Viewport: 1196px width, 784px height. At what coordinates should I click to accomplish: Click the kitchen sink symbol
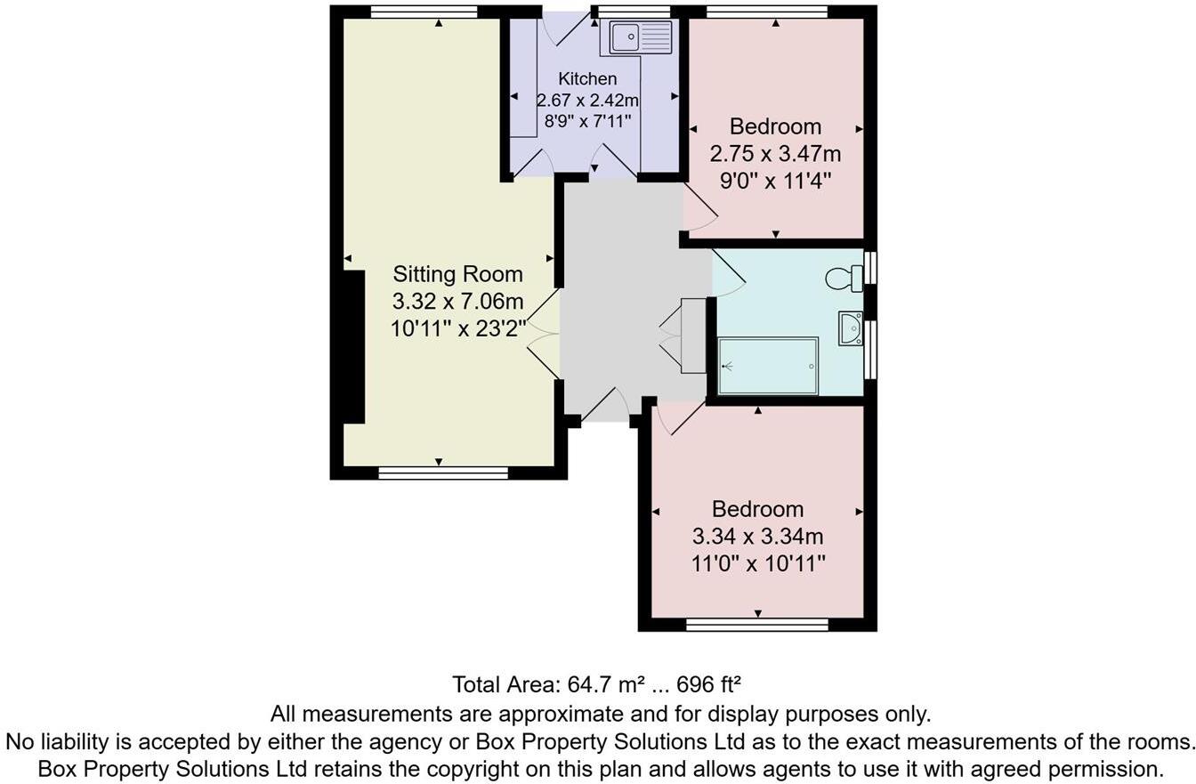pos(641,37)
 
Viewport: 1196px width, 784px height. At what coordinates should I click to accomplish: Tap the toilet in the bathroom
pos(844,279)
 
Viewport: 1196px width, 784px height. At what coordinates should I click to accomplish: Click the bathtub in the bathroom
pos(768,366)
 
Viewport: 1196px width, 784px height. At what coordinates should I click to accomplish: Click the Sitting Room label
pos(457,274)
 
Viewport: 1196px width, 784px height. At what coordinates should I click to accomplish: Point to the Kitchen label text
pos(587,79)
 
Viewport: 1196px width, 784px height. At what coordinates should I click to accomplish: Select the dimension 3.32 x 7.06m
pos(457,302)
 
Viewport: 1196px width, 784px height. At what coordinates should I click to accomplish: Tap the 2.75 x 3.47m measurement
pos(775,154)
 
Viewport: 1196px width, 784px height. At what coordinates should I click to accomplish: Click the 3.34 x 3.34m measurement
pos(757,537)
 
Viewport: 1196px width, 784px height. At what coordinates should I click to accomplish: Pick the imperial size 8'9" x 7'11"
pos(587,120)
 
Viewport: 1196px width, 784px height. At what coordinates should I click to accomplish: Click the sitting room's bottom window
pos(442,473)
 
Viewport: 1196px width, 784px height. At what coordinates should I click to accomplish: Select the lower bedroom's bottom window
pos(757,625)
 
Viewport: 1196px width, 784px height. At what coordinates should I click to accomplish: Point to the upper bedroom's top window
pos(766,12)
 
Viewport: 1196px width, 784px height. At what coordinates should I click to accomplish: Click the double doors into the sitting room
pos(543,334)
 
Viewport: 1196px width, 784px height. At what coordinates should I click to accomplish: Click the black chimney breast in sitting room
pos(353,347)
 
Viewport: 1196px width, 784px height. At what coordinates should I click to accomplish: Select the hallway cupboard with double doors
pos(691,335)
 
